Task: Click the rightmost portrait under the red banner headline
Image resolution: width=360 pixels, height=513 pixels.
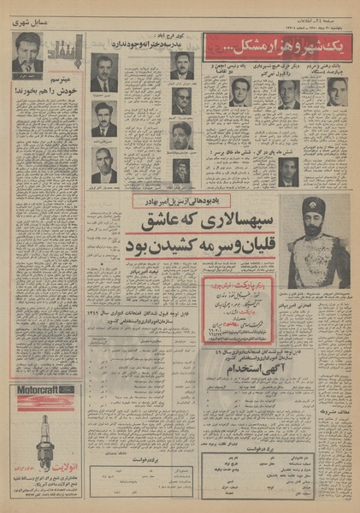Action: coord(336,91)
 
